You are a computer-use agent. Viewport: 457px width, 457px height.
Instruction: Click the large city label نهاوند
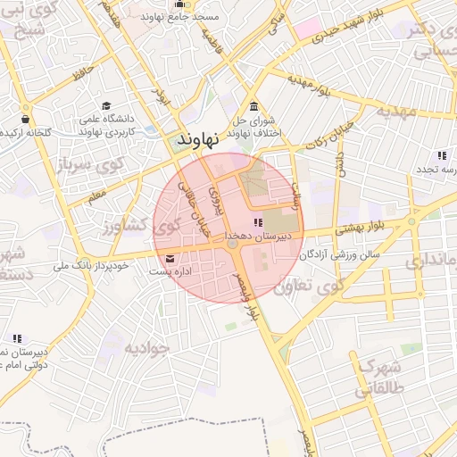[x=198, y=140]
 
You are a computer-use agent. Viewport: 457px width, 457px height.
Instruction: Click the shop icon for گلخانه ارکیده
[x=24, y=118]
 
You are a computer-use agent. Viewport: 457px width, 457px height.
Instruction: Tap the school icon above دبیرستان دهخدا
[x=258, y=222]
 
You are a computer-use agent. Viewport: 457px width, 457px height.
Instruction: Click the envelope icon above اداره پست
[x=170, y=259]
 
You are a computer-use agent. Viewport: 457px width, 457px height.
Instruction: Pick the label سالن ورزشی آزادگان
[x=340, y=255]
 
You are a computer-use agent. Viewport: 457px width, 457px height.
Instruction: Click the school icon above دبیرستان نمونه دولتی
[x=17, y=338]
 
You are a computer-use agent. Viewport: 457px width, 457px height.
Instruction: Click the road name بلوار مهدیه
[x=322, y=82]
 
